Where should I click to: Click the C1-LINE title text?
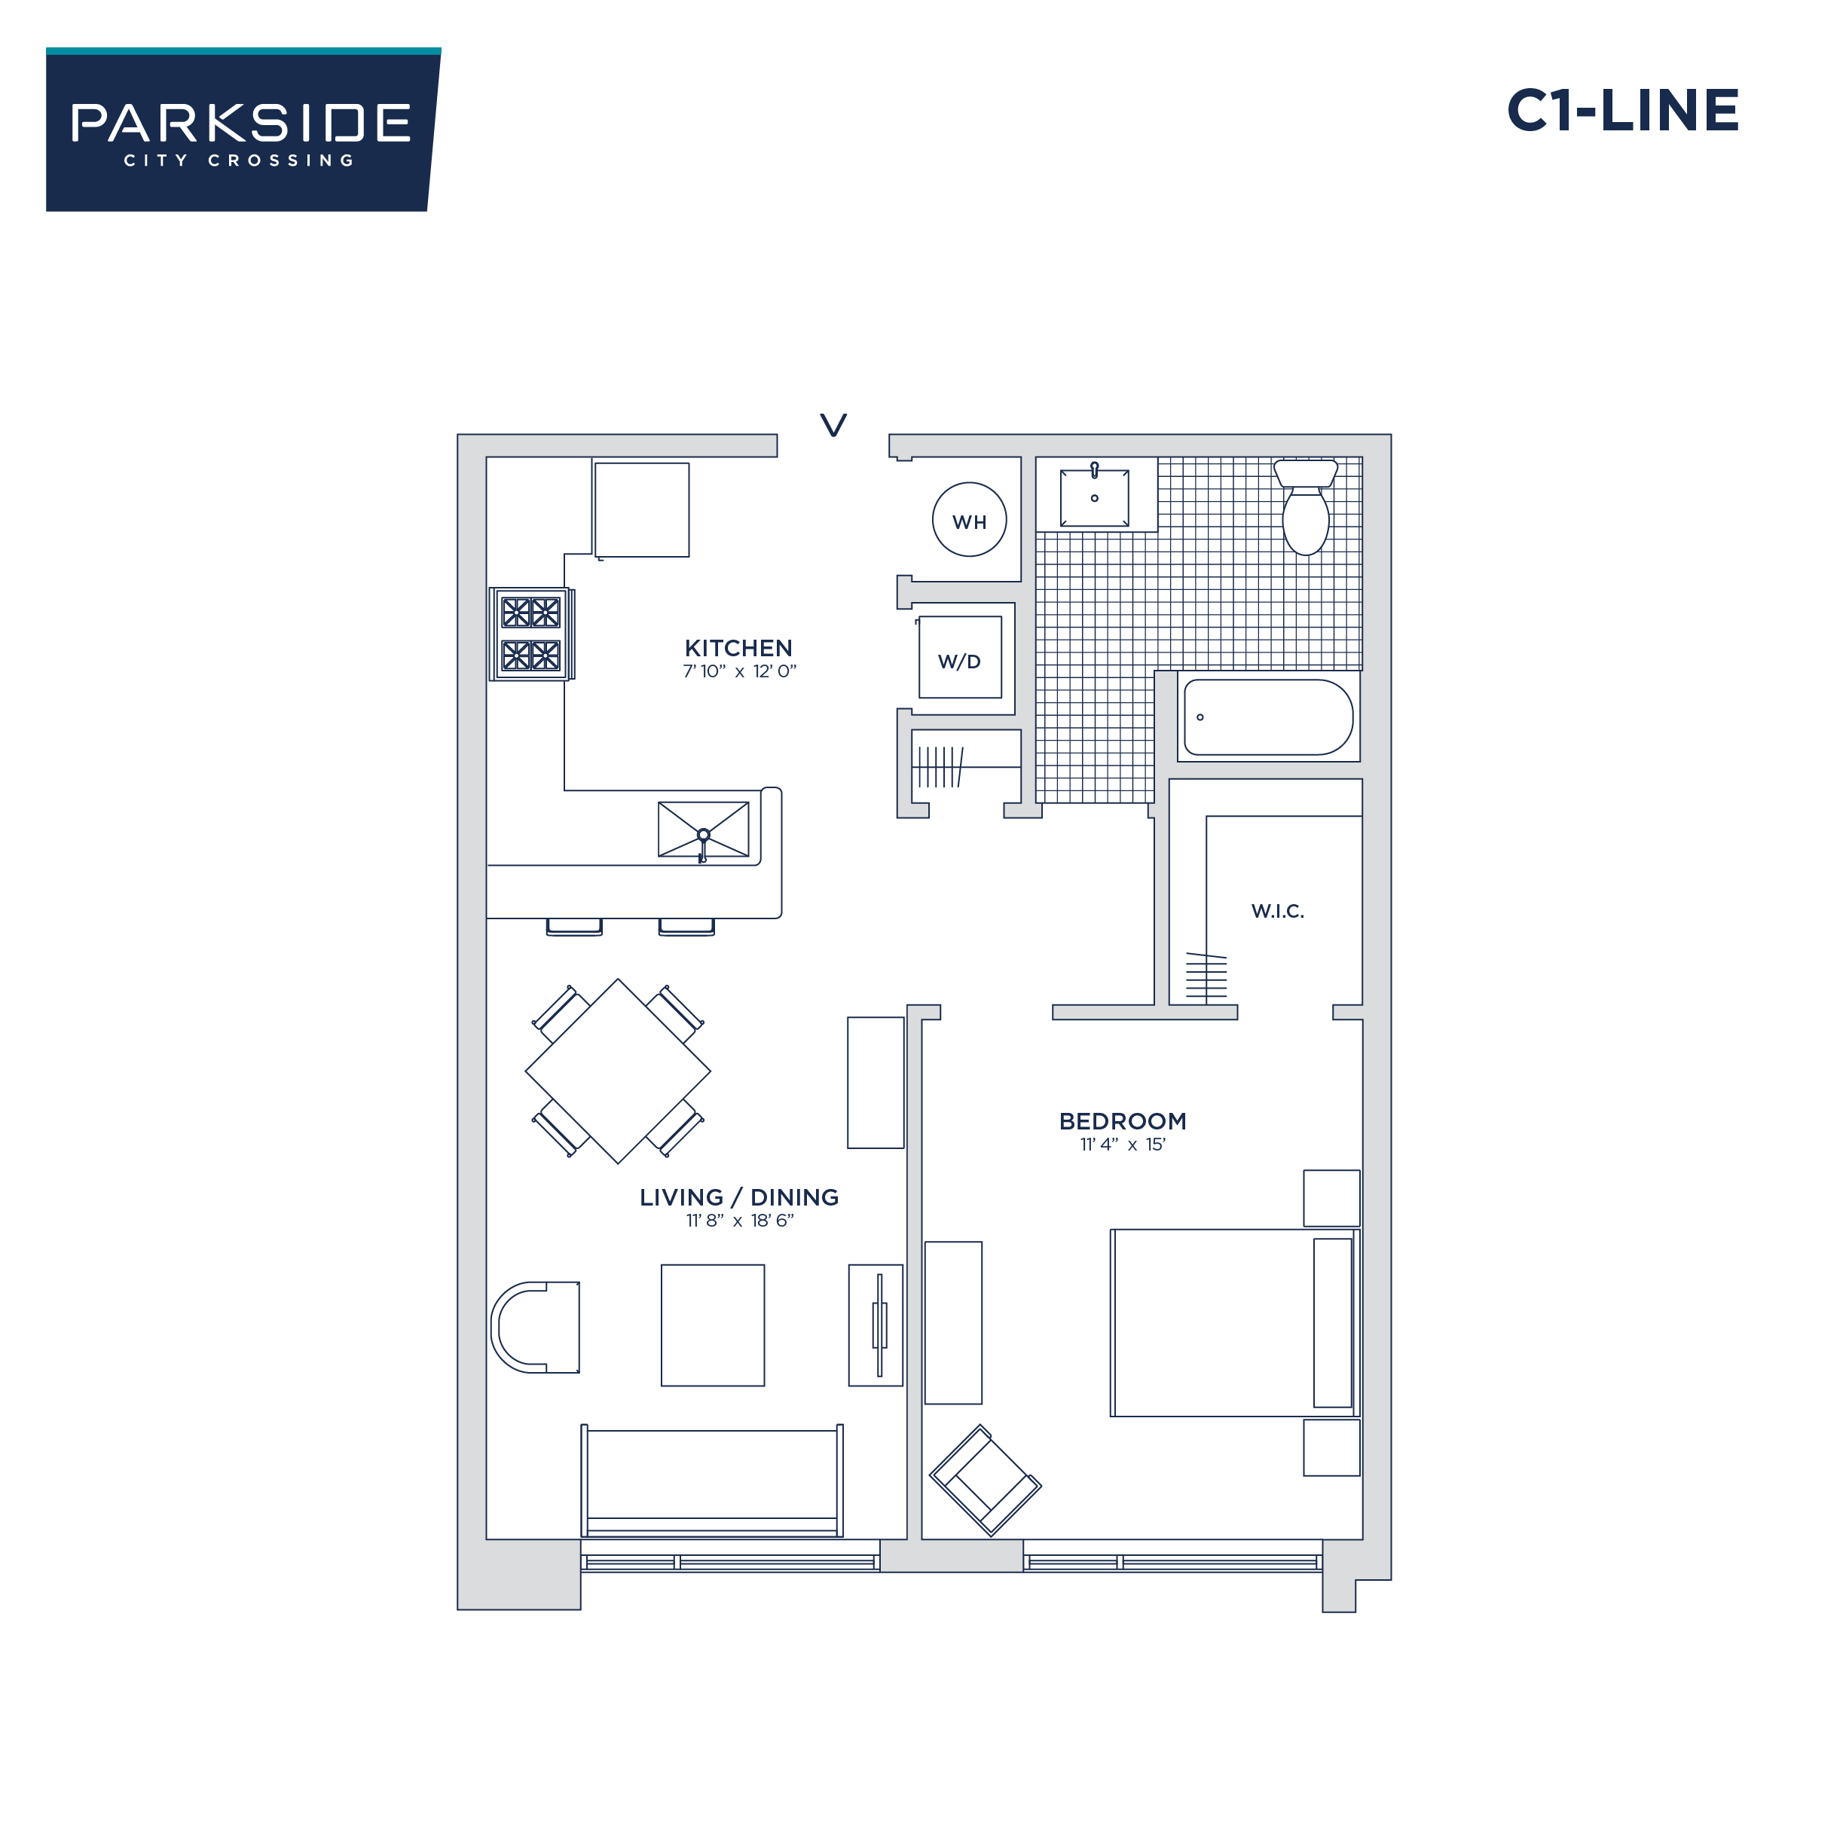(x=1621, y=111)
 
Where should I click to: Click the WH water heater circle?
(x=969, y=520)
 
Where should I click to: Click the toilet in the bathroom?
(x=1305, y=507)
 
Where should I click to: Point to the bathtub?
(x=1268, y=717)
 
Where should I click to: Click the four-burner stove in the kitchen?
(x=531, y=634)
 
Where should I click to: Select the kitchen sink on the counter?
(x=703, y=830)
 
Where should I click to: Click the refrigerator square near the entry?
(x=642, y=509)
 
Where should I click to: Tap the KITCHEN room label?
(x=738, y=648)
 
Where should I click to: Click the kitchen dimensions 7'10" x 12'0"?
(x=738, y=671)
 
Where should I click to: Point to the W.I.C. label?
(x=1277, y=911)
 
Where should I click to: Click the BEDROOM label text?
(x=1123, y=1121)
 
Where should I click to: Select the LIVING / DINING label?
(x=738, y=1197)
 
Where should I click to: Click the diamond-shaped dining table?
(x=618, y=1071)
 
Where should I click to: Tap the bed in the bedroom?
(x=1233, y=1323)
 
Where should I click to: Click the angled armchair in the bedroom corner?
(x=985, y=1480)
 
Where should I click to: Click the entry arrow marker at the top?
(x=833, y=425)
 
